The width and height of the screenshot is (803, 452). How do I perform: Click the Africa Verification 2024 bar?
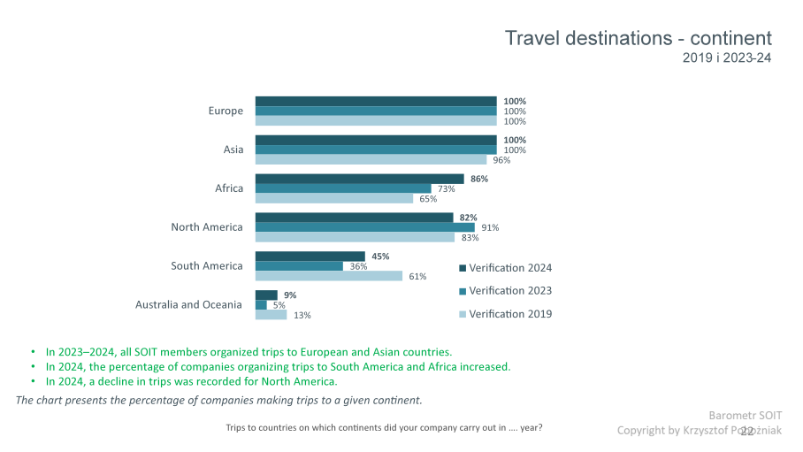click(x=359, y=179)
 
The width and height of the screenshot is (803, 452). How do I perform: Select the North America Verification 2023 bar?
click(x=364, y=227)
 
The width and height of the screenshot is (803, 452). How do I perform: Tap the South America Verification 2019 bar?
click(x=329, y=276)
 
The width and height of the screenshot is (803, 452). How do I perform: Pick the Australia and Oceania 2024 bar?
click(x=266, y=295)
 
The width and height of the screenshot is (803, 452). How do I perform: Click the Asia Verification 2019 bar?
click(x=371, y=160)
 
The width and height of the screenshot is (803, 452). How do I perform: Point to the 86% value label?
click(x=480, y=179)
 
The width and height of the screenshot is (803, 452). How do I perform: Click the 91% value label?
click(x=490, y=227)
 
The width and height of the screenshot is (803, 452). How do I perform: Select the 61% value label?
click(x=417, y=276)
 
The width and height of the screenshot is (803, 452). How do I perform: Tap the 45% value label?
click(x=381, y=257)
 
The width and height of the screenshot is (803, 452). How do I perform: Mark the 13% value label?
click(x=302, y=315)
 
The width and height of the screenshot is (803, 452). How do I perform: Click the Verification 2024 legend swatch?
click(x=462, y=268)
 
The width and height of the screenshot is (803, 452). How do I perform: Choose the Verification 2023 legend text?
click(x=510, y=291)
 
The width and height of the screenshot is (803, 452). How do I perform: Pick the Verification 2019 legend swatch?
click(x=462, y=314)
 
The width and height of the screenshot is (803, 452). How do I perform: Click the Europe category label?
click(x=226, y=111)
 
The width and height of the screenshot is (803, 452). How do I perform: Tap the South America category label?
click(x=206, y=266)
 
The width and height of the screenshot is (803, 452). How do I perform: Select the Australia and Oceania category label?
click(x=188, y=305)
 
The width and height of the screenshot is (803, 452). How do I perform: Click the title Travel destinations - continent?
click(x=638, y=39)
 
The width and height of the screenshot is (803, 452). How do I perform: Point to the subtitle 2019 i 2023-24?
click(x=727, y=58)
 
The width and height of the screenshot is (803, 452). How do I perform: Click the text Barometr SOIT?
click(x=745, y=415)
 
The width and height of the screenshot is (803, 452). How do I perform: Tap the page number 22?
click(x=747, y=431)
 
